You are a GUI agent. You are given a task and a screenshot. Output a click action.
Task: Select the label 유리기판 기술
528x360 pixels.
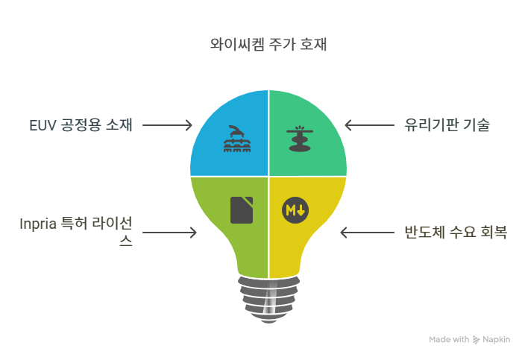[x=446, y=124]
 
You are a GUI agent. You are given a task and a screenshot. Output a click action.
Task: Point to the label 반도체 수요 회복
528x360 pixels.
[x=455, y=233]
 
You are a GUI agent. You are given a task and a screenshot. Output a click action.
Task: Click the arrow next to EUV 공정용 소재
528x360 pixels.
[x=167, y=124]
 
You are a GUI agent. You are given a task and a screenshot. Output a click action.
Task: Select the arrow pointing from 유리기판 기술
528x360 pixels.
[x=370, y=124]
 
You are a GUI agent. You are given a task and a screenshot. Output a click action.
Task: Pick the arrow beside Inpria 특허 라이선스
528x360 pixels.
[x=169, y=233]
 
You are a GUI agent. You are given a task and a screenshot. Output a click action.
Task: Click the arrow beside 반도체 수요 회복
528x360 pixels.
[x=366, y=233]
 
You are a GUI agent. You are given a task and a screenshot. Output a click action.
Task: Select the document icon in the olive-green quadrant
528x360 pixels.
[x=242, y=209]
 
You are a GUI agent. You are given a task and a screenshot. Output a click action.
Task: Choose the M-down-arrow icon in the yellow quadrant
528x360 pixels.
[x=295, y=209]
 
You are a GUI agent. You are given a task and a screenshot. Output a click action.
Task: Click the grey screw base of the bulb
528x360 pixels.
[x=268, y=298]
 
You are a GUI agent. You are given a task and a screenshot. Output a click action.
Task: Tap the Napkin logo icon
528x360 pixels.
[x=476, y=339]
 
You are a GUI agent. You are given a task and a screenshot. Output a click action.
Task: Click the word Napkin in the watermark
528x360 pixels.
[x=496, y=339]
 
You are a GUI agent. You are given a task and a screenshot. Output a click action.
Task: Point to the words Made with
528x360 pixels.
[x=449, y=339]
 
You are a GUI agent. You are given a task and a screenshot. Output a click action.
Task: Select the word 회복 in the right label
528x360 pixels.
[x=494, y=233]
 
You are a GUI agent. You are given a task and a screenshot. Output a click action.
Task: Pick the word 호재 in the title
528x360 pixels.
[x=312, y=45]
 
